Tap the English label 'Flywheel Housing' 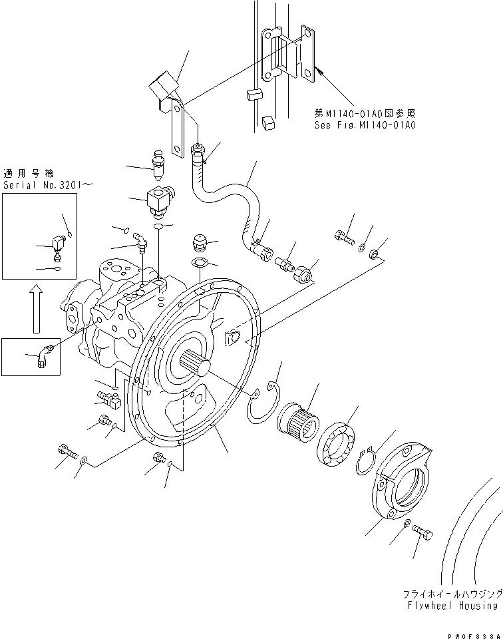point(454,605)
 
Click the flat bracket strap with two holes point(176,129)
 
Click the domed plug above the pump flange point(200,240)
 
